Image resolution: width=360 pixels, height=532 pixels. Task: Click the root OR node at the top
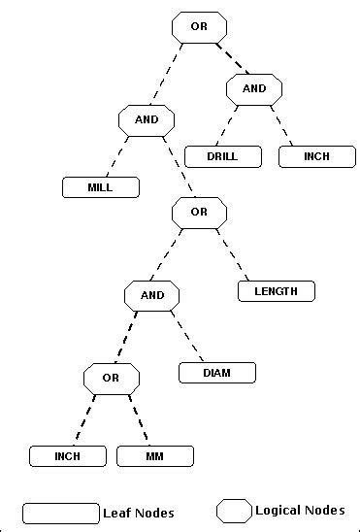[199, 27]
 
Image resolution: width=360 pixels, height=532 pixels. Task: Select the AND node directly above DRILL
[254, 89]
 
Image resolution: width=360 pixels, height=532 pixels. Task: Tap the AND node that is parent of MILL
[146, 120]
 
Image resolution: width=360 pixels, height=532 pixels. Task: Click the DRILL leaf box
[222, 155]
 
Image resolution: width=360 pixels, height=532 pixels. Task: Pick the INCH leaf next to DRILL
[316, 155]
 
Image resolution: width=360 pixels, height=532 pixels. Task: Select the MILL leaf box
[100, 187]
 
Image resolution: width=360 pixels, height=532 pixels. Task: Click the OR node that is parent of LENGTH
[199, 212]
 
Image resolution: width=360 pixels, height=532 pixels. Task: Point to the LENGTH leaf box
[277, 290]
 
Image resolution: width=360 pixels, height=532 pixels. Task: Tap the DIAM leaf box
[216, 373]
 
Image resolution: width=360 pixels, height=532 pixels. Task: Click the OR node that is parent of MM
[111, 378]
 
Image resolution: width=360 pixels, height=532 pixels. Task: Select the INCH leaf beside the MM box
[67, 456]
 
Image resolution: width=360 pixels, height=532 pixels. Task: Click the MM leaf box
[155, 456]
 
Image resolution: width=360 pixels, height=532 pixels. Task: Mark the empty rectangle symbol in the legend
[61, 512]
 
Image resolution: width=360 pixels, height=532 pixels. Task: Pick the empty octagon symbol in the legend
[233, 511]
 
